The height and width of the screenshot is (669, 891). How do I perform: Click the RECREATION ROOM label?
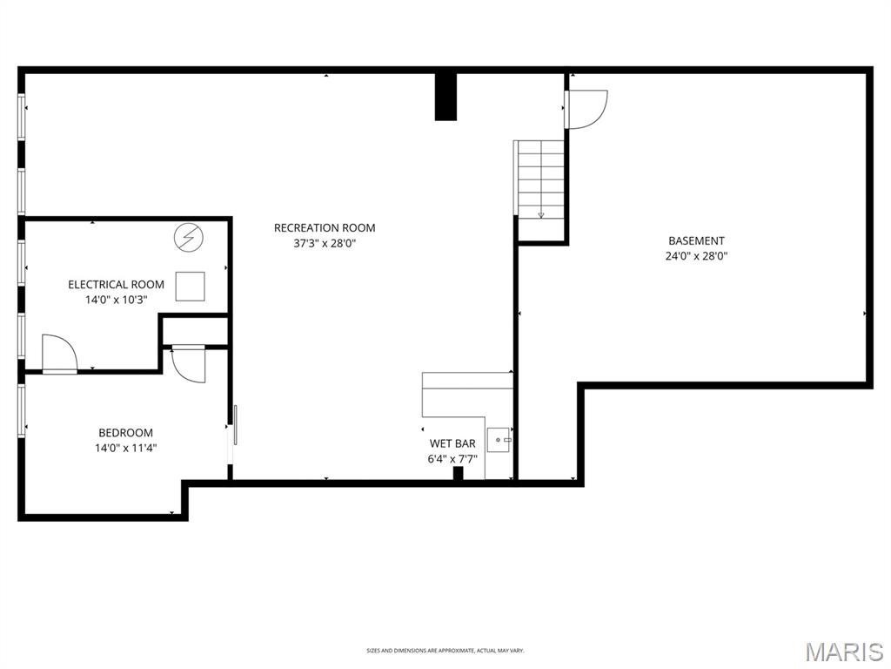(x=325, y=228)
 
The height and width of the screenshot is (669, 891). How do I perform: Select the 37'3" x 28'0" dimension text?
(x=325, y=244)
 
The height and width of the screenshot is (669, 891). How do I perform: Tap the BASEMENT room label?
(x=696, y=241)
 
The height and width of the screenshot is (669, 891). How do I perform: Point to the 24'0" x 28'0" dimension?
(x=696, y=257)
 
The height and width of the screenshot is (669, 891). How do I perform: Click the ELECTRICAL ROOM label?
(x=117, y=285)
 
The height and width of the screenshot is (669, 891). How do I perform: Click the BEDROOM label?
(x=125, y=433)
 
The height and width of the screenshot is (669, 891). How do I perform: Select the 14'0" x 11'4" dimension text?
(x=126, y=449)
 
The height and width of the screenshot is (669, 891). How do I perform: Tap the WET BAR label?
(x=452, y=443)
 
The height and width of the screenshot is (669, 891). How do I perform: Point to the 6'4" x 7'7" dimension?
(x=452, y=458)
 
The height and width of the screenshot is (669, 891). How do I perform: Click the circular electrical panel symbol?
(x=187, y=237)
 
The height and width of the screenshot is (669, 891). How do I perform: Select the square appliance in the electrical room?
(x=191, y=287)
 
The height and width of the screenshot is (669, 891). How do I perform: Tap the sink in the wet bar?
(x=499, y=441)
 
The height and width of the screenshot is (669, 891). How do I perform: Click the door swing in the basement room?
(x=585, y=109)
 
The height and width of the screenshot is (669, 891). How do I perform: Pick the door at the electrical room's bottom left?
(x=59, y=355)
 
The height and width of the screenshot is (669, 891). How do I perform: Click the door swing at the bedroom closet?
(x=188, y=363)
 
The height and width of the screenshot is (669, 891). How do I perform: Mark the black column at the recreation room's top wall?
(x=445, y=96)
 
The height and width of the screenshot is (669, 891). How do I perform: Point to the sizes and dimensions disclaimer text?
(x=445, y=651)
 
